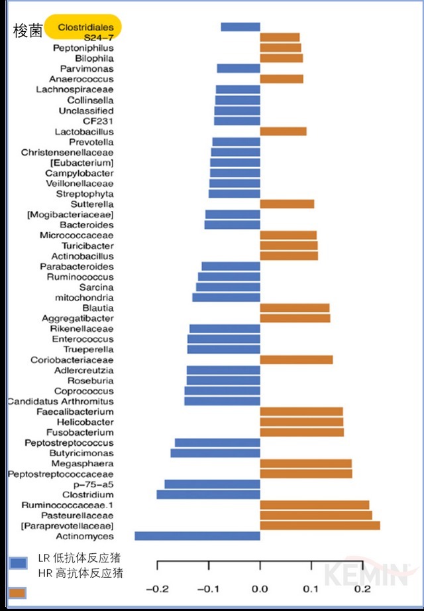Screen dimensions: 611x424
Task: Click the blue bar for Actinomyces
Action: click(197, 536)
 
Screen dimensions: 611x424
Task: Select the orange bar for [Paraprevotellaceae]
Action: click(320, 525)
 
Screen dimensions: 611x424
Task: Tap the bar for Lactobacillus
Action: click(283, 131)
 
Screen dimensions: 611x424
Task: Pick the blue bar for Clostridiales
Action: click(240, 27)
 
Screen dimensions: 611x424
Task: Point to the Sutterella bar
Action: click(287, 204)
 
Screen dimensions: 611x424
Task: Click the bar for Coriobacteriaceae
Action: click(296, 360)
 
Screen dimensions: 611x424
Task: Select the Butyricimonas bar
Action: click(215, 453)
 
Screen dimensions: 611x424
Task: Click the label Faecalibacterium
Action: click(75, 412)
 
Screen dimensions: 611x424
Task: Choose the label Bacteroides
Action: click(86, 225)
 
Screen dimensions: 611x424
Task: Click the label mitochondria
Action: click(84, 298)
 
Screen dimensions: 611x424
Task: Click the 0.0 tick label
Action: click(260, 588)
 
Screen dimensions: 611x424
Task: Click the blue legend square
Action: click(18, 563)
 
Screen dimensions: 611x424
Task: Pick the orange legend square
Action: click(18, 592)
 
